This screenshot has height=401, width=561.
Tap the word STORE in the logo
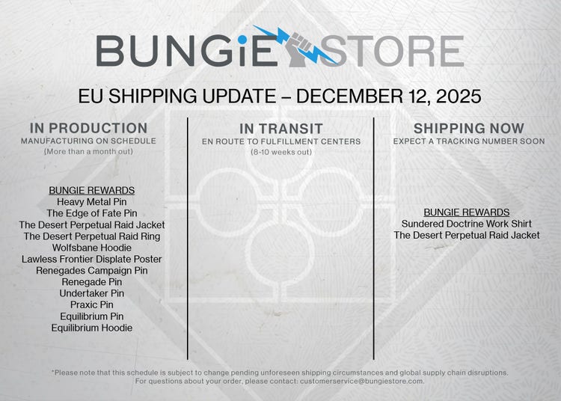tap(393, 51)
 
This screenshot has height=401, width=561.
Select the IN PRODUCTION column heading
tap(88, 128)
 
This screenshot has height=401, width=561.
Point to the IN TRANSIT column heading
tap(281, 129)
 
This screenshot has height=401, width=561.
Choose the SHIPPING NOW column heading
tap(469, 128)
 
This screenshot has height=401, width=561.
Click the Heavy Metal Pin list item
tap(91, 201)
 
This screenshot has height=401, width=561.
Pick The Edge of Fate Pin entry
tap(91, 213)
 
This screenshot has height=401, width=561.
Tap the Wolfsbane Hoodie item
tap(91, 248)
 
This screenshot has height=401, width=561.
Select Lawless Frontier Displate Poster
tap(91, 259)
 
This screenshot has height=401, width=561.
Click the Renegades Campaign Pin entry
tap(91, 270)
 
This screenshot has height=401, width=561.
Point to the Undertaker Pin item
tap(91, 293)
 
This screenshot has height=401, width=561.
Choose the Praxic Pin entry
tap(91, 304)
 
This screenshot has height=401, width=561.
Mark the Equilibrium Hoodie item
tap(91, 328)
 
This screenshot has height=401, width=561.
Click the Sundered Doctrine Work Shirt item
tap(467, 224)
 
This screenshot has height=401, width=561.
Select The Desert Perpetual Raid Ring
tap(91, 236)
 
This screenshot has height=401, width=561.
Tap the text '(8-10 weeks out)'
tap(281, 152)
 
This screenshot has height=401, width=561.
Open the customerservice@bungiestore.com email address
tap(361, 382)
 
